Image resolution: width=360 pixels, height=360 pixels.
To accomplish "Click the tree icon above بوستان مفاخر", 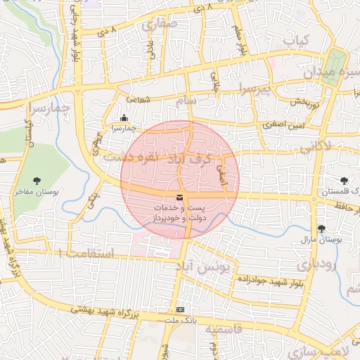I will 37,181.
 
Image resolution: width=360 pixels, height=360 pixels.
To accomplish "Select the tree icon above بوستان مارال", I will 322,229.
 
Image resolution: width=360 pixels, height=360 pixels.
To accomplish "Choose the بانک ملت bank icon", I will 181,310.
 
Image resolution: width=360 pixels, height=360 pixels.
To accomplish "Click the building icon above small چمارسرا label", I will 124,118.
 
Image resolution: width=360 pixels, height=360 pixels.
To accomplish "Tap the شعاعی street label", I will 139,101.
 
